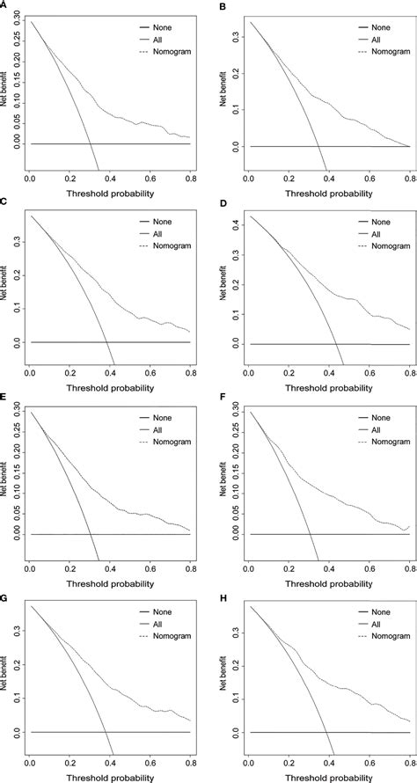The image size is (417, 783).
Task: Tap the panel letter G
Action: pyautogui.click(x=4, y=596)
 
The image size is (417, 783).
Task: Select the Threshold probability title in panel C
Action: pyautogui.click(x=109, y=387)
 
